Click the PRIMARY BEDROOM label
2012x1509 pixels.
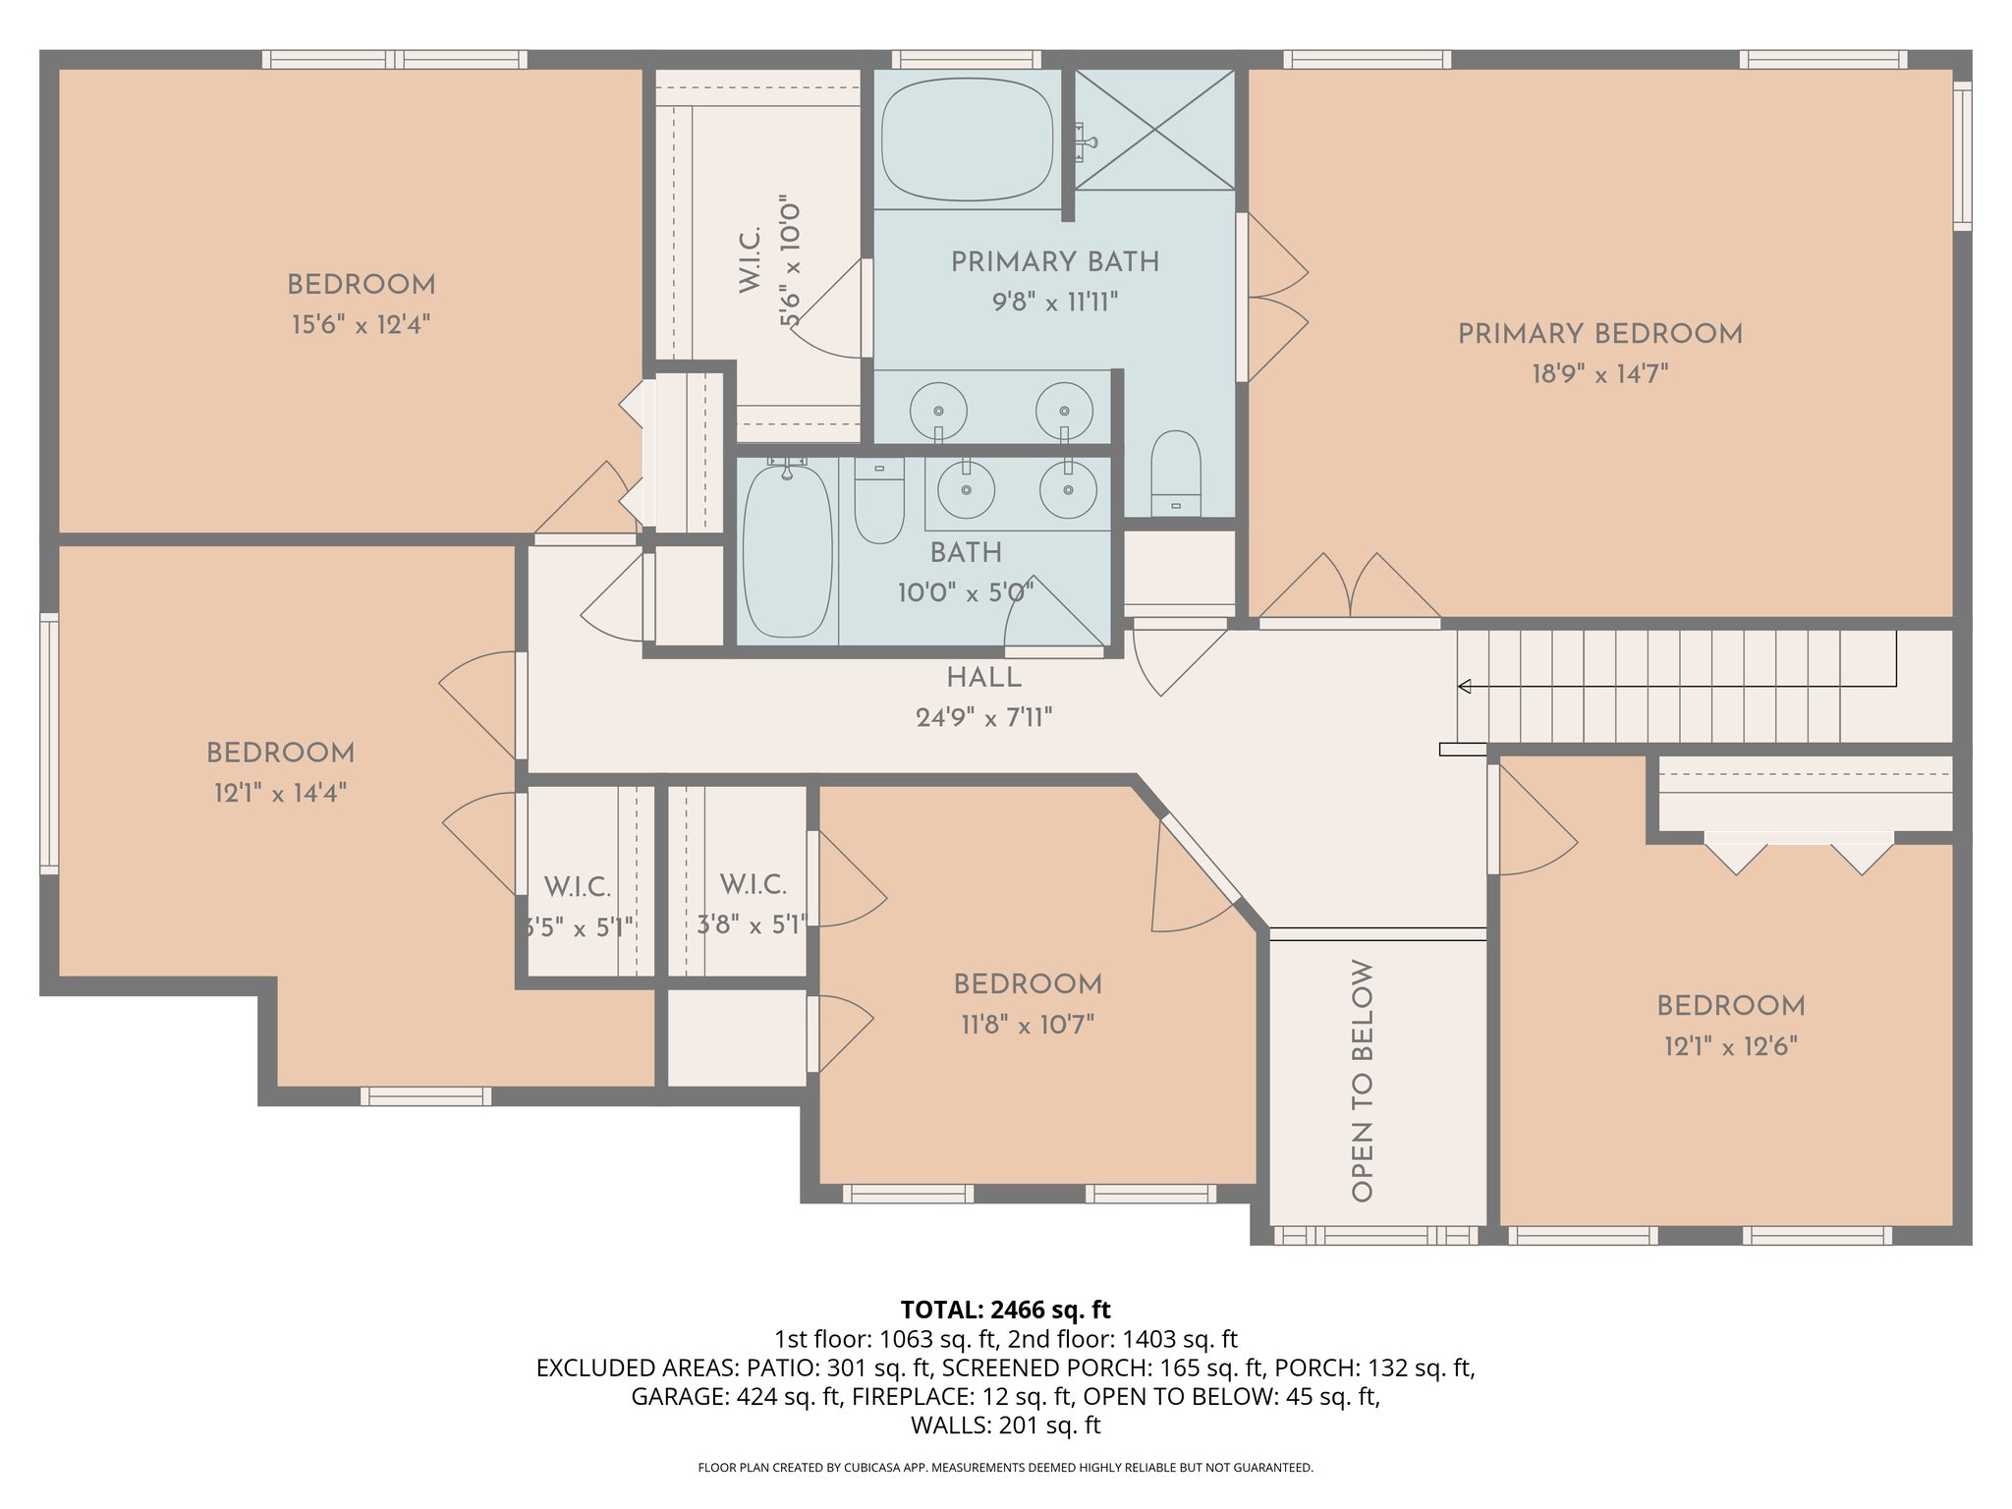coord(1599,334)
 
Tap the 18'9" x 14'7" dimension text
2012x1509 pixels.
coord(1599,374)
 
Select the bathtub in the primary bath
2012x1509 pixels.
coord(967,140)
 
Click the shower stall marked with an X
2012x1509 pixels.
coord(1154,129)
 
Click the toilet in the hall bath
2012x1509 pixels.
coord(879,500)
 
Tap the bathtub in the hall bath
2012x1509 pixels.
coord(787,552)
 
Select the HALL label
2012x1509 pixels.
coord(983,678)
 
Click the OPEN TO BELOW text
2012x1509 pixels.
coord(1362,1080)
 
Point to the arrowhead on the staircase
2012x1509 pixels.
coord(1464,687)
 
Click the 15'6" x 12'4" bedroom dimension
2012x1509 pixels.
coord(361,325)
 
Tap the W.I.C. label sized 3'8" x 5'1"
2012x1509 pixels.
coord(753,885)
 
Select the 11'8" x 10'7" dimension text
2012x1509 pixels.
coord(1028,1026)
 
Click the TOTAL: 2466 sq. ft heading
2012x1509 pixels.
coord(1005,1310)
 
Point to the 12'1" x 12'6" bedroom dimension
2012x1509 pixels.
coord(1730,1046)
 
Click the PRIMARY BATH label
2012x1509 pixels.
coord(1055,262)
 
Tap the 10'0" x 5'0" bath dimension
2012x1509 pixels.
coord(965,593)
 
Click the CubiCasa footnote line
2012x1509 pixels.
coord(1005,1468)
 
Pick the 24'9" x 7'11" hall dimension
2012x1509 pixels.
coord(983,718)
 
